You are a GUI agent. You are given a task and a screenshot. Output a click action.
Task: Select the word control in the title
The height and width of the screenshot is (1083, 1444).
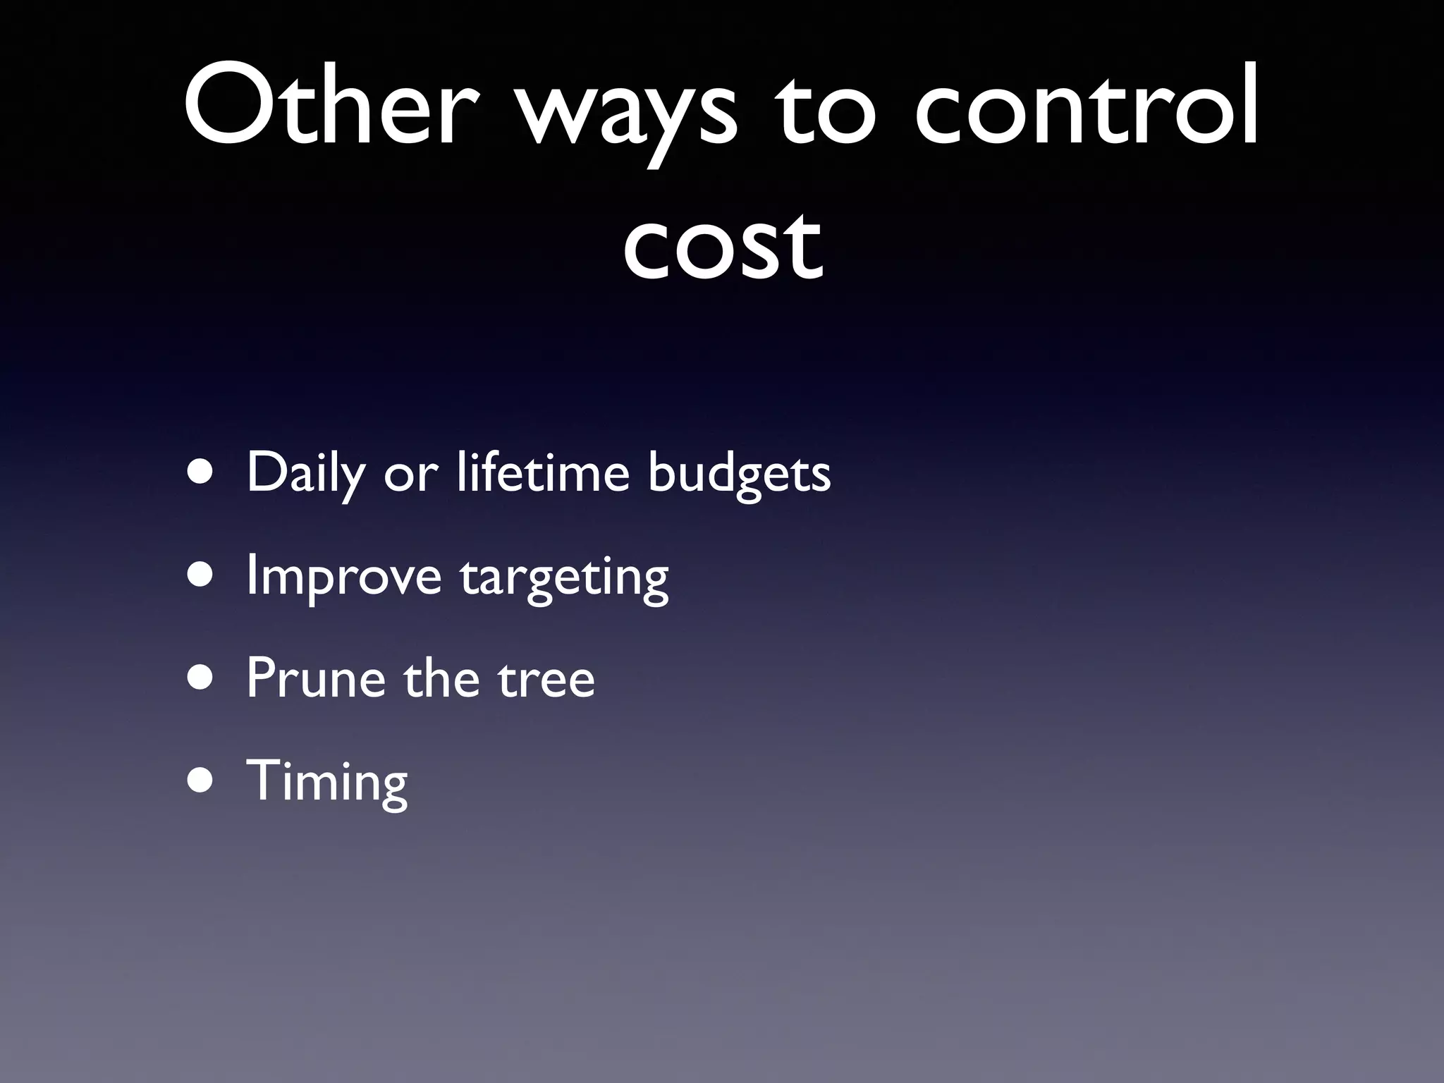click(x=1086, y=106)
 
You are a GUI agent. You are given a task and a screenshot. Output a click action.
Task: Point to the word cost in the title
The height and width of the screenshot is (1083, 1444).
click(x=722, y=243)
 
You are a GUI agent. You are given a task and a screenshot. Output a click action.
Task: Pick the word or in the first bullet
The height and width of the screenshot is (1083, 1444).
click(x=410, y=476)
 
